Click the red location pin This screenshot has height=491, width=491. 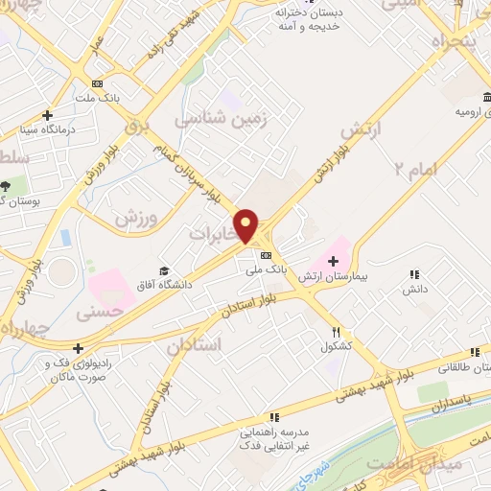[x=247, y=225]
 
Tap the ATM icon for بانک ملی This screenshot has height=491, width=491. [x=266, y=254]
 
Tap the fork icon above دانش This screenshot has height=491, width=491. [x=414, y=274]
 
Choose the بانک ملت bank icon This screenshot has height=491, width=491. [x=96, y=83]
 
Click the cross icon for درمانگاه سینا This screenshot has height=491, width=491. [x=46, y=115]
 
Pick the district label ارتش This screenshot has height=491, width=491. [x=361, y=129]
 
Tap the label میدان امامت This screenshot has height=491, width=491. [x=449, y=464]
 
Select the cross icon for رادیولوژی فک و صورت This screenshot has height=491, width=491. [x=78, y=348]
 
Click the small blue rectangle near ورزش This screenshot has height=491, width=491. [x=65, y=237]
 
